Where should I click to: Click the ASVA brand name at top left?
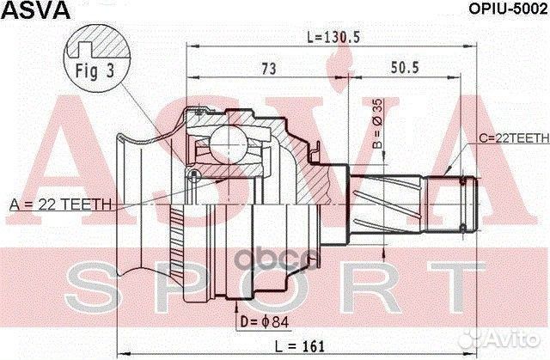point(27,9)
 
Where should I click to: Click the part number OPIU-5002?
point(504,9)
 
